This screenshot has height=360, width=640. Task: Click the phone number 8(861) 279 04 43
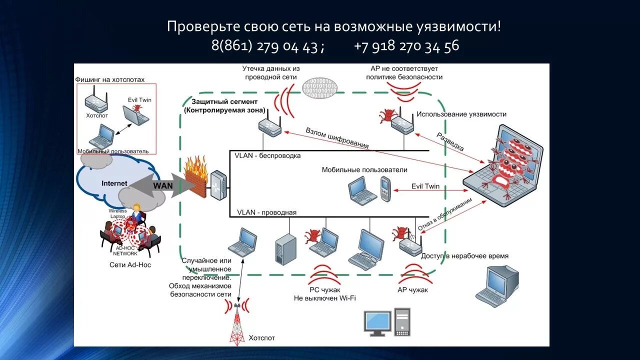(x=264, y=46)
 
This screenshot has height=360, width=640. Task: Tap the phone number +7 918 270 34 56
(x=406, y=46)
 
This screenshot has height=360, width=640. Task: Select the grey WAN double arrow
(x=159, y=185)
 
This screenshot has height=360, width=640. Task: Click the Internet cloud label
(x=114, y=183)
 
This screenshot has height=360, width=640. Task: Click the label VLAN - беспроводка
(x=267, y=155)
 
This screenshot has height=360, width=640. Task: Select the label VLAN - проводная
(x=266, y=212)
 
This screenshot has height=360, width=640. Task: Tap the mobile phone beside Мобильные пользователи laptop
(x=385, y=189)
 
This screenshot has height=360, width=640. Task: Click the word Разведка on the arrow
(x=450, y=142)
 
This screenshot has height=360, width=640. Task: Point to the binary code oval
(x=320, y=87)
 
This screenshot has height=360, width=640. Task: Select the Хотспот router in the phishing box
(x=96, y=99)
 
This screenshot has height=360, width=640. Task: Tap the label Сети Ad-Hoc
(x=130, y=264)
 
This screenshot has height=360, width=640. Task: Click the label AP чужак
(x=412, y=290)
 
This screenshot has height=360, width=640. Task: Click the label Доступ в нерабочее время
(x=464, y=256)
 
